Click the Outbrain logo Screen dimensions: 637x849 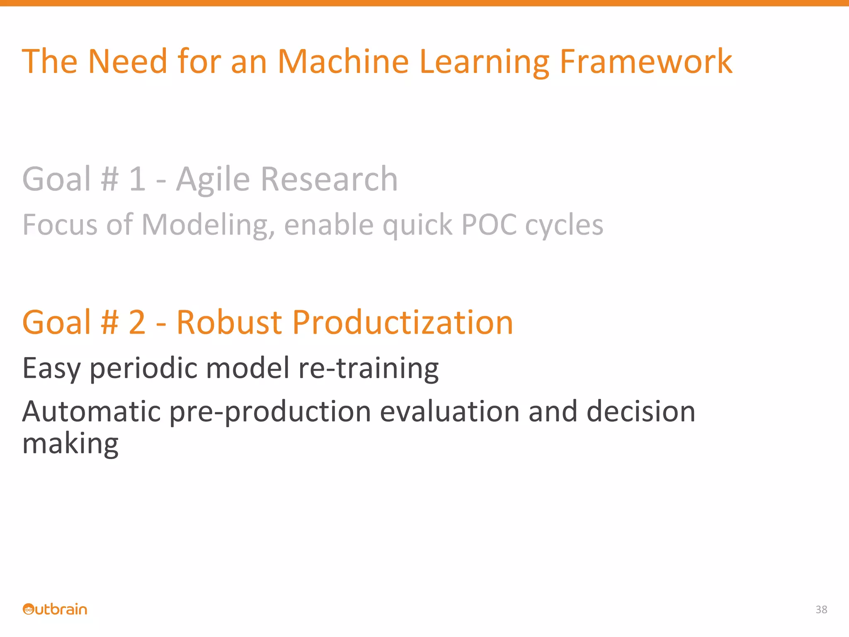point(55,609)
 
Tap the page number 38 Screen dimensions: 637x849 point(821,609)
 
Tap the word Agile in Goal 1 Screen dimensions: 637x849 point(213,179)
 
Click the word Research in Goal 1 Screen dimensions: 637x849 point(329,179)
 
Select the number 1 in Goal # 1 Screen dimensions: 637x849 point(137,179)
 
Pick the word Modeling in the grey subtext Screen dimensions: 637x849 point(208,225)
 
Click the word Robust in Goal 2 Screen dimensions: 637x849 point(229,322)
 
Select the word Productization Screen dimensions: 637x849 point(403,322)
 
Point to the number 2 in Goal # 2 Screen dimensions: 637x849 point(137,322)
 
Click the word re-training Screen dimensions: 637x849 point(368,368)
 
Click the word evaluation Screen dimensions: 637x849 point(449,411)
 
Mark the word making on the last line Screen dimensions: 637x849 point(70,444)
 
